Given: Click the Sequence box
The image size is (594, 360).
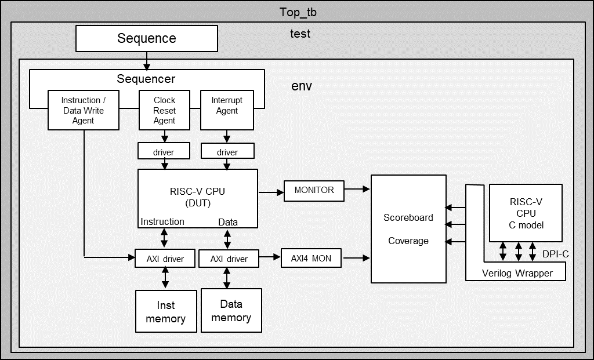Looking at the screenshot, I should pyautogui.click(x=147, y=39).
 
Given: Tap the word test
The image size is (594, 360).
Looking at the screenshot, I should pyautogui.click(x=300, y=34).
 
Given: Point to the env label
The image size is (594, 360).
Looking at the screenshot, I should pyautogui.click(x=301, y=86).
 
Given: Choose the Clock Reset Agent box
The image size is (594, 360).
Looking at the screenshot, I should pyautogui.click(x=164, y=110).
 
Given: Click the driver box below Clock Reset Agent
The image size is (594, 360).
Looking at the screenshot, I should pyautogui.click(x=164, y=152).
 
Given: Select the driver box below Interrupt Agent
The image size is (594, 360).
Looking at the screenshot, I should pyautogui.click(x=227, y=152).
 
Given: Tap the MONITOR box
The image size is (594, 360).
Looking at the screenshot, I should pyautogui.click(x=314, y=190).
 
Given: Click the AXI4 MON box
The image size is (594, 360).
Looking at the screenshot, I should pyautogui.click(x=311, y=258).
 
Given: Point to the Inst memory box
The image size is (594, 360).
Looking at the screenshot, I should pyautogui.click(x=165, y=311).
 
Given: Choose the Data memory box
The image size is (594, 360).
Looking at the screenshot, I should pyautogui.click(x=231, y=311).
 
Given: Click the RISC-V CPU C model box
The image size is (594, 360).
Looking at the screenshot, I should pyautogui.click(x=526, y=213).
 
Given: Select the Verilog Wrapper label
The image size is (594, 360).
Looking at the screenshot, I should pyautogui.click(x=517, y=273).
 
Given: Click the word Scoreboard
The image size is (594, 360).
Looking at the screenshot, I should pyautogui.click(x=408, y=217).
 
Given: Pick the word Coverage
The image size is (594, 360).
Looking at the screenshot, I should pyautogui.click(x=408, y=241).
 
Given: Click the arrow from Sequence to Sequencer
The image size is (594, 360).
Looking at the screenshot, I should pyautogui.click(x=147, y=60).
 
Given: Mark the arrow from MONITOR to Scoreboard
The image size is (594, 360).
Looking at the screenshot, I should pyautogui.click(x=357, y=189).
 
